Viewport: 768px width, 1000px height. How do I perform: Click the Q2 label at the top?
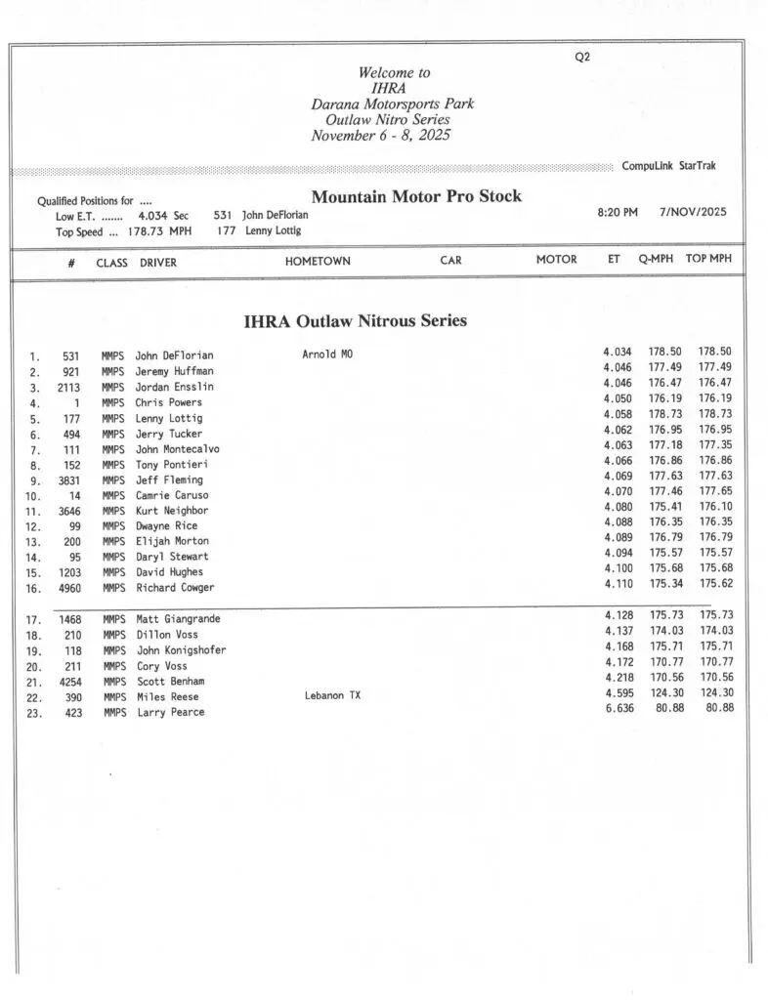[x=582, y=57]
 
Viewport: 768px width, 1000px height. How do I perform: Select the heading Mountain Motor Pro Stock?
[x=416, y=196]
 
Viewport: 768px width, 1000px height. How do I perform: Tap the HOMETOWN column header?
[x=318, y=261]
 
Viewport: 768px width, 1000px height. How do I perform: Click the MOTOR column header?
[x=556, y=260]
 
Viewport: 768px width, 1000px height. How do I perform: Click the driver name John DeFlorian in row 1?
[x=174, y=355]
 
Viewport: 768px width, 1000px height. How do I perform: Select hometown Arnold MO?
[x=327, y=354]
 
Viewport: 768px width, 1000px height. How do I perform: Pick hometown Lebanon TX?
[x=334, y=696]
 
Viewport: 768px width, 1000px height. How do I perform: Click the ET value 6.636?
[x=618, y=708]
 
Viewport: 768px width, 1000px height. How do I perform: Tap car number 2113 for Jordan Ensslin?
[x=67, y=387]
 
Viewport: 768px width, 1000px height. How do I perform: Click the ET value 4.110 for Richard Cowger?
[x=618, y=584]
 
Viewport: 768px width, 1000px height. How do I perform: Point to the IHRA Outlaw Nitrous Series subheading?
[x=355, y=320]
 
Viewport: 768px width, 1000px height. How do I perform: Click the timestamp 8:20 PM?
[x=618, y=212]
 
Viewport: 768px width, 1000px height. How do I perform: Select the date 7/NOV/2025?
[x=693, y=212]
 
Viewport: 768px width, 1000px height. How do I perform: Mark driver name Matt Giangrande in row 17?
[x=178, y=619]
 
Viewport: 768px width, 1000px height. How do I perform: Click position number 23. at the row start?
[x=33, y=713]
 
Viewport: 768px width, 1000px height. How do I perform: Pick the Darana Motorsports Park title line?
[x=393, y=104]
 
